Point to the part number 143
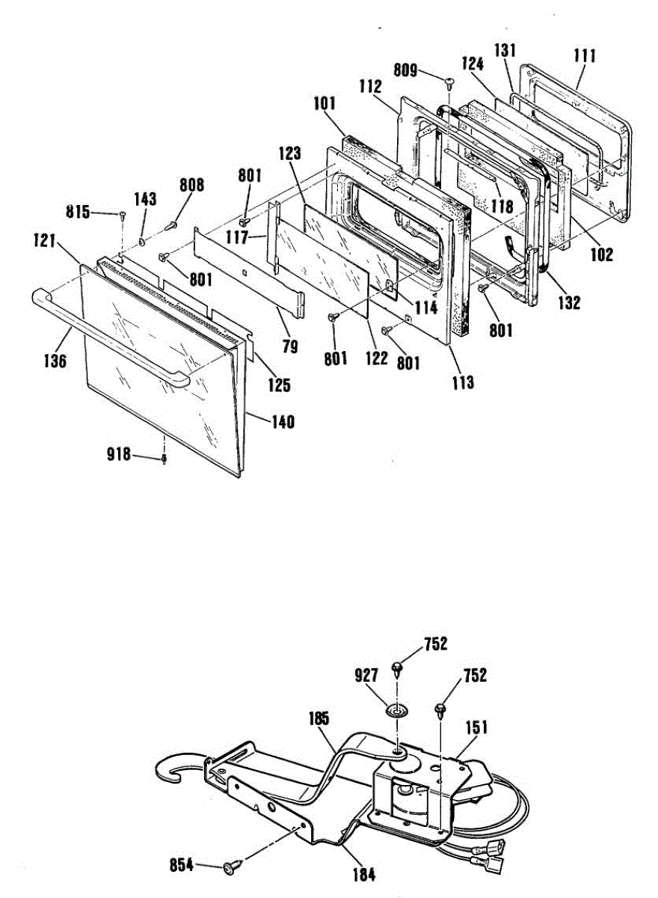[145, 199]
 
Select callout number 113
[463, 382]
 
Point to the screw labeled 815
[122, 216]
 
